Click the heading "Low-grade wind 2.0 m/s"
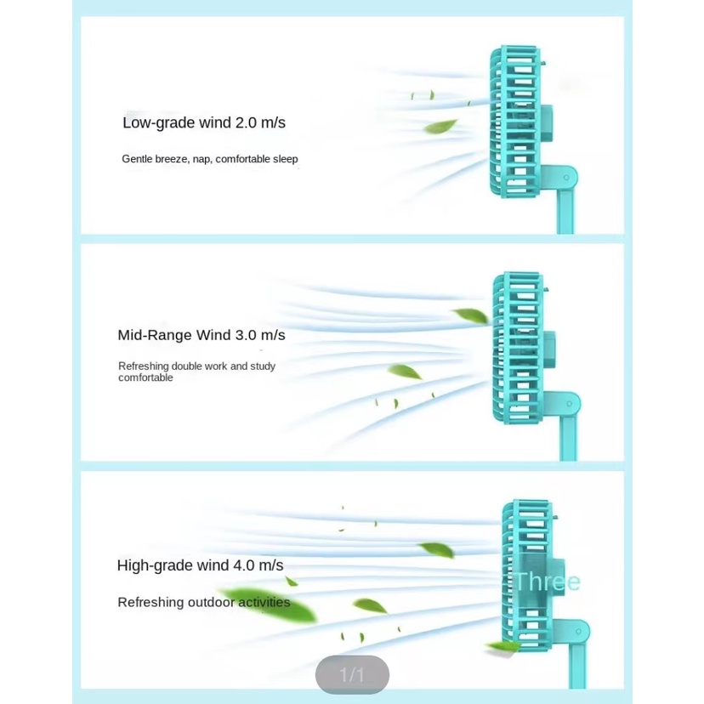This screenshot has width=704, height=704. tap(204, 123)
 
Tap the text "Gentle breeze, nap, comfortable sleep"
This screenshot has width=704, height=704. tap(209, 159)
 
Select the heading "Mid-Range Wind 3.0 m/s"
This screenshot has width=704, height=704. tap(202, 335)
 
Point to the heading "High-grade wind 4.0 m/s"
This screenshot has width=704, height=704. tap(200, 565)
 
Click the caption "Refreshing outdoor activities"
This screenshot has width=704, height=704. tap(203, 603)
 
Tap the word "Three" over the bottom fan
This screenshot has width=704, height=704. tap(547, 582)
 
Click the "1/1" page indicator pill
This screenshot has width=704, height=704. tap(352, 675)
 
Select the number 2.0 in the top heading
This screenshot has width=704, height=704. tap(246, 123)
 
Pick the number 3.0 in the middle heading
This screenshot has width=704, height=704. tap(246, 335)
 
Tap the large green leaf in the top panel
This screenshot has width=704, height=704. tap(440, 128)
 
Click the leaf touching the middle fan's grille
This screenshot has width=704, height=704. tap(472, 315)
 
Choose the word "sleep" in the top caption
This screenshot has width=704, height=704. tap(285, 159)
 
